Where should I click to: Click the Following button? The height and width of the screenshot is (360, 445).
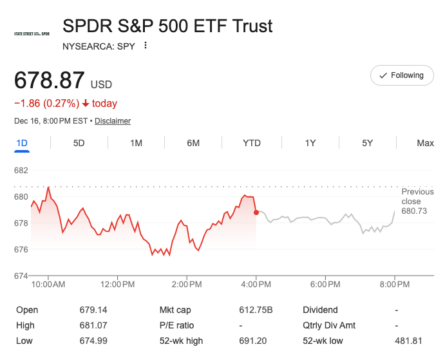coord(402,75)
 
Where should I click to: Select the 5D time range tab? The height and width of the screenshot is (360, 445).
coord(79,143)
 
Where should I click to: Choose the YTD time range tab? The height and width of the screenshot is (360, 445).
coord(252,143)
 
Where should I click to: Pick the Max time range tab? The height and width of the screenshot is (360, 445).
coord(425,143)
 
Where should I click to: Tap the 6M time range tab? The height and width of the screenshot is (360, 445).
coord(193,143)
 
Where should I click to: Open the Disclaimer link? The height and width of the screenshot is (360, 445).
coord(113,121)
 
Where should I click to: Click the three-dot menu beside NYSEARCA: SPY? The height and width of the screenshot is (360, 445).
coord(146,46)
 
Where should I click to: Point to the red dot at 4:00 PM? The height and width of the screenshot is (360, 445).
coord(256,212)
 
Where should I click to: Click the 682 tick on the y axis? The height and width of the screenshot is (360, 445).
coord(21,171)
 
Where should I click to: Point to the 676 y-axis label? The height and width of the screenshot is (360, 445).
coord(21,249)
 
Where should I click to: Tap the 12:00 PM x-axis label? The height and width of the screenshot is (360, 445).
coord(118,284)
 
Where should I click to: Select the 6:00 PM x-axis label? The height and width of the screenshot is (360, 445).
coord(325,284)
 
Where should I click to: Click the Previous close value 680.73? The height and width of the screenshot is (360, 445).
coord(414,211)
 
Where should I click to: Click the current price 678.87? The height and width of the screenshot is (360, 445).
coord(50,81)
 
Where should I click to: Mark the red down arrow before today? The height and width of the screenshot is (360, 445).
coord(86,104)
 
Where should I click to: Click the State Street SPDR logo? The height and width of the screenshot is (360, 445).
coord(32,33)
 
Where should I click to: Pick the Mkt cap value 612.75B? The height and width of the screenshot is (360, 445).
coord(256,310)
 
